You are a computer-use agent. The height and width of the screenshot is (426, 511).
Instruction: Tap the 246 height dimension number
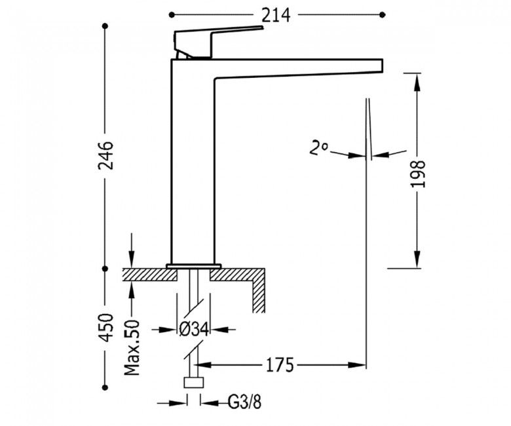click(x=105, y=155)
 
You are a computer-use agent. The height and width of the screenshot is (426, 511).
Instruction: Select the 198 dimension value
click(x=418, y=173)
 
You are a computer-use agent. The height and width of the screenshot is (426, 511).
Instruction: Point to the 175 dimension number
click(x=281, y=364)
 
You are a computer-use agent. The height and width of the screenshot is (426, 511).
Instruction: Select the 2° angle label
click(x=319, y=148)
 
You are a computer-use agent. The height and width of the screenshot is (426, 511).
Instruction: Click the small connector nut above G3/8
click(x=193, y=383)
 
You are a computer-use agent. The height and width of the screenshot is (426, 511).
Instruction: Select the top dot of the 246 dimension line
click(x=105, y=26)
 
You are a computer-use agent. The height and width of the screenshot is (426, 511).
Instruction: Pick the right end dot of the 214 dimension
click(x=383, y=14)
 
